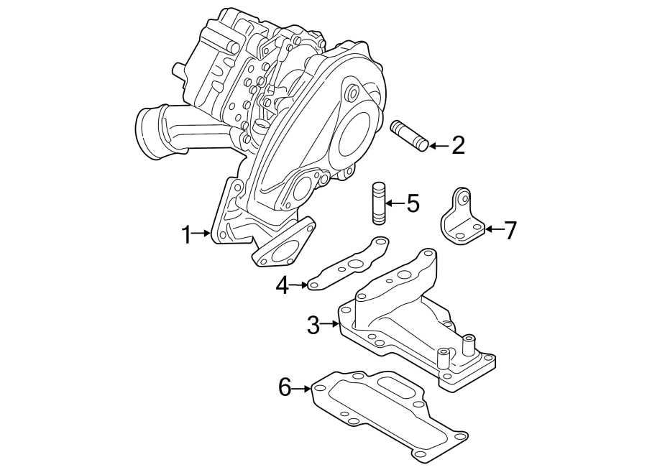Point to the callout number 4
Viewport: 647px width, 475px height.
(x=283, y=286)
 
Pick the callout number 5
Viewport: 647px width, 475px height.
(x=412, y=203)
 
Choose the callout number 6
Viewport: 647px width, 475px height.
(x=285, y=389)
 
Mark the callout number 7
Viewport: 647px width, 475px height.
(x=510, y=231)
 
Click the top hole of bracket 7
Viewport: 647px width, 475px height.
(x=462, y=195)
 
